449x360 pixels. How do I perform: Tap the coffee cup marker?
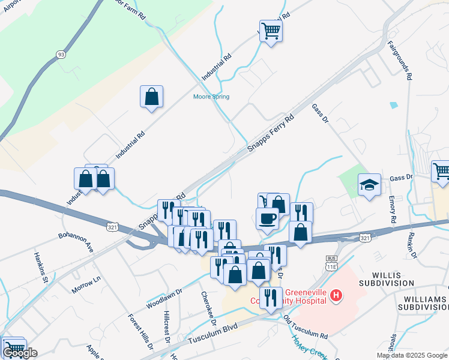coord(267,219)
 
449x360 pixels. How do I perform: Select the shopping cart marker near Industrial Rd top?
coord(271,29)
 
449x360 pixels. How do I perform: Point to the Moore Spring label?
coord(211,97)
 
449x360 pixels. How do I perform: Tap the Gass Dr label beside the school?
coord(401,177)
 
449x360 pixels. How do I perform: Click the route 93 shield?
coord(61,55)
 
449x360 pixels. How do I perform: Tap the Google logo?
coord(20,353)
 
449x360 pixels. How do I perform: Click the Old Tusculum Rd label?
coord(306,326)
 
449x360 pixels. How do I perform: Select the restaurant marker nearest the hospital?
coord(271,298)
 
